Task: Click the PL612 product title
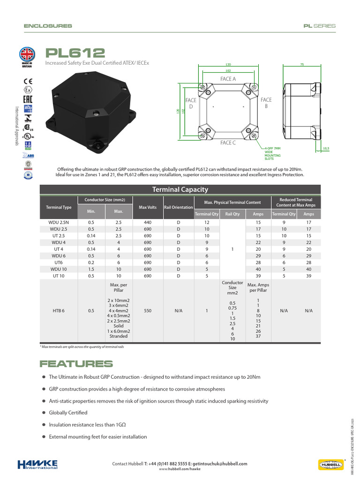coord(75,53)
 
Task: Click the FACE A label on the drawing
coord(228,79)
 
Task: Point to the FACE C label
coord(228,142)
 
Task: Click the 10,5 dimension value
coord(326,149)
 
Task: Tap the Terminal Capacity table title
coord(180,189)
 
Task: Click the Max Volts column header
coord(148,207)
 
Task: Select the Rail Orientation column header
coord(178,207)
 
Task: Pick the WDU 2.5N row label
coord(59,222)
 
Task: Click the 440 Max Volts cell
coord(148,222)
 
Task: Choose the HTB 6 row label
coord(59,311)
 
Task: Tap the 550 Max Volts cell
coord(148,311)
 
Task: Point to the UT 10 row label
coord(59,276)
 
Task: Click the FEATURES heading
coord(76,364)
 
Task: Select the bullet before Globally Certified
coord(44,412)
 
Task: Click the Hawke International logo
coord(37,464)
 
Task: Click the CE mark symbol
coord(28,79)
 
